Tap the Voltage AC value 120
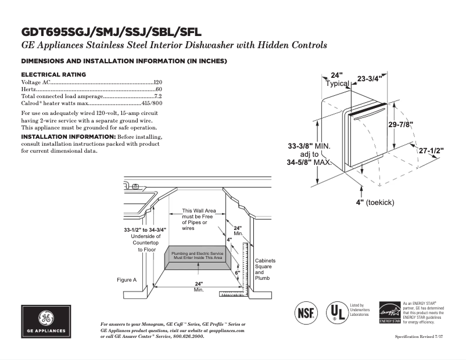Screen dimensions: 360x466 click(157, 83)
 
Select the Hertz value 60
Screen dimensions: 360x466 click(159, 89)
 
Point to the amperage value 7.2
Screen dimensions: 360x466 click(157, 96)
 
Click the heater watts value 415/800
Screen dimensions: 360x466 click(152, 102)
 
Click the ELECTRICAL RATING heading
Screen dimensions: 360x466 click(53, 74)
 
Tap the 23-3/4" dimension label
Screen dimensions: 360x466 click(368, 78)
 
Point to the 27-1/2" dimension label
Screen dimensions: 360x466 click(431, 151)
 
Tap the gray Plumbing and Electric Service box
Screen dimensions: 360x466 click(198, 256)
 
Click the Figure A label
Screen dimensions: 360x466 click(126, 280)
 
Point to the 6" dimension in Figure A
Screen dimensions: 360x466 click(237, 272)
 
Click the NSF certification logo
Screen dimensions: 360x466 click(307, 312)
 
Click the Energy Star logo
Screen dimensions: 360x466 click(389, 312)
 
